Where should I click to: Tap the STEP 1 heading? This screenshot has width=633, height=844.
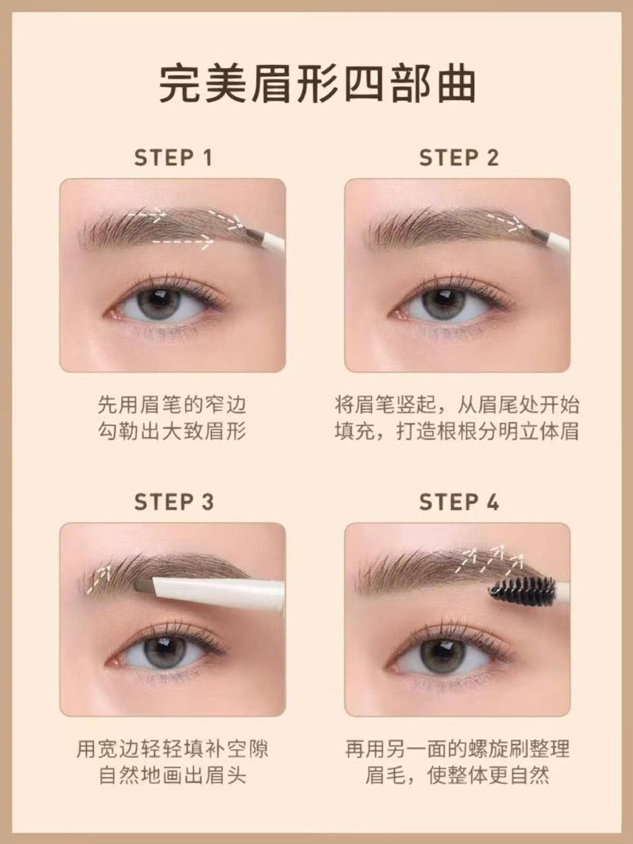click(x=173, y=158)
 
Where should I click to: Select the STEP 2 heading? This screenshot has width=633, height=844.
click(x=459, y=158)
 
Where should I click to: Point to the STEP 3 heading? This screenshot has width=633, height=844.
click(x=174, y=502)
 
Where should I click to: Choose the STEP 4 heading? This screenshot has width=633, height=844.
click(x=459, y=502)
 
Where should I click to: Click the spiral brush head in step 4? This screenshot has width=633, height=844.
click(x=522, y=589)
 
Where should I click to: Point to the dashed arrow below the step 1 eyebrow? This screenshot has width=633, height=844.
click(x=183, y=242)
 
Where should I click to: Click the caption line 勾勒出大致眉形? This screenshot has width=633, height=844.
click(x=172, y=432)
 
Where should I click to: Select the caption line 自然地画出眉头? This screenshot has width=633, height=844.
click(x=172, y=776)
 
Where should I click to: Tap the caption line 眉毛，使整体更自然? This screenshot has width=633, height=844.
click(x=457, y=776)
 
